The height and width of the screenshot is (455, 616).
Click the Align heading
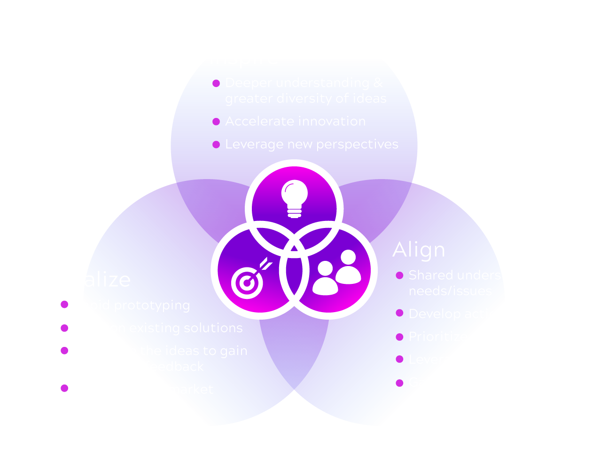[419, 250]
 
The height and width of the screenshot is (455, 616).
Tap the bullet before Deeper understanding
[216, 83]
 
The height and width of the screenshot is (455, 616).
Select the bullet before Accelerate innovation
[216, 122]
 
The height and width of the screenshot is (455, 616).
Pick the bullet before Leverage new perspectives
[216, 144]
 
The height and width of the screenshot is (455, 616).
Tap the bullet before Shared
[399, 275]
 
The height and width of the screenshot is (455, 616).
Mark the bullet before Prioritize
[399, 337]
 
